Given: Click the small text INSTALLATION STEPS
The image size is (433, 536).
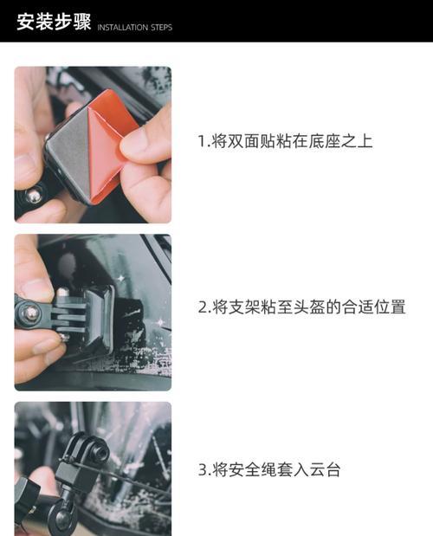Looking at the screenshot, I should [x=134, y=28].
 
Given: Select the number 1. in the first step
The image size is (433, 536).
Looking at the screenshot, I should [x=204, y=141].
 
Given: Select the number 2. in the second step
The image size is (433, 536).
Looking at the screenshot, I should [x=204, y=307].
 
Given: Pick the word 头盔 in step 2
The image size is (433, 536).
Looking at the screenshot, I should [x=310, y=307].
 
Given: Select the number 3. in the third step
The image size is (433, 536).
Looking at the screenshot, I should [x=204, y=470].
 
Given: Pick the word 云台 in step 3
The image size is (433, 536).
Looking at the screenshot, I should [x=325, y=470].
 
